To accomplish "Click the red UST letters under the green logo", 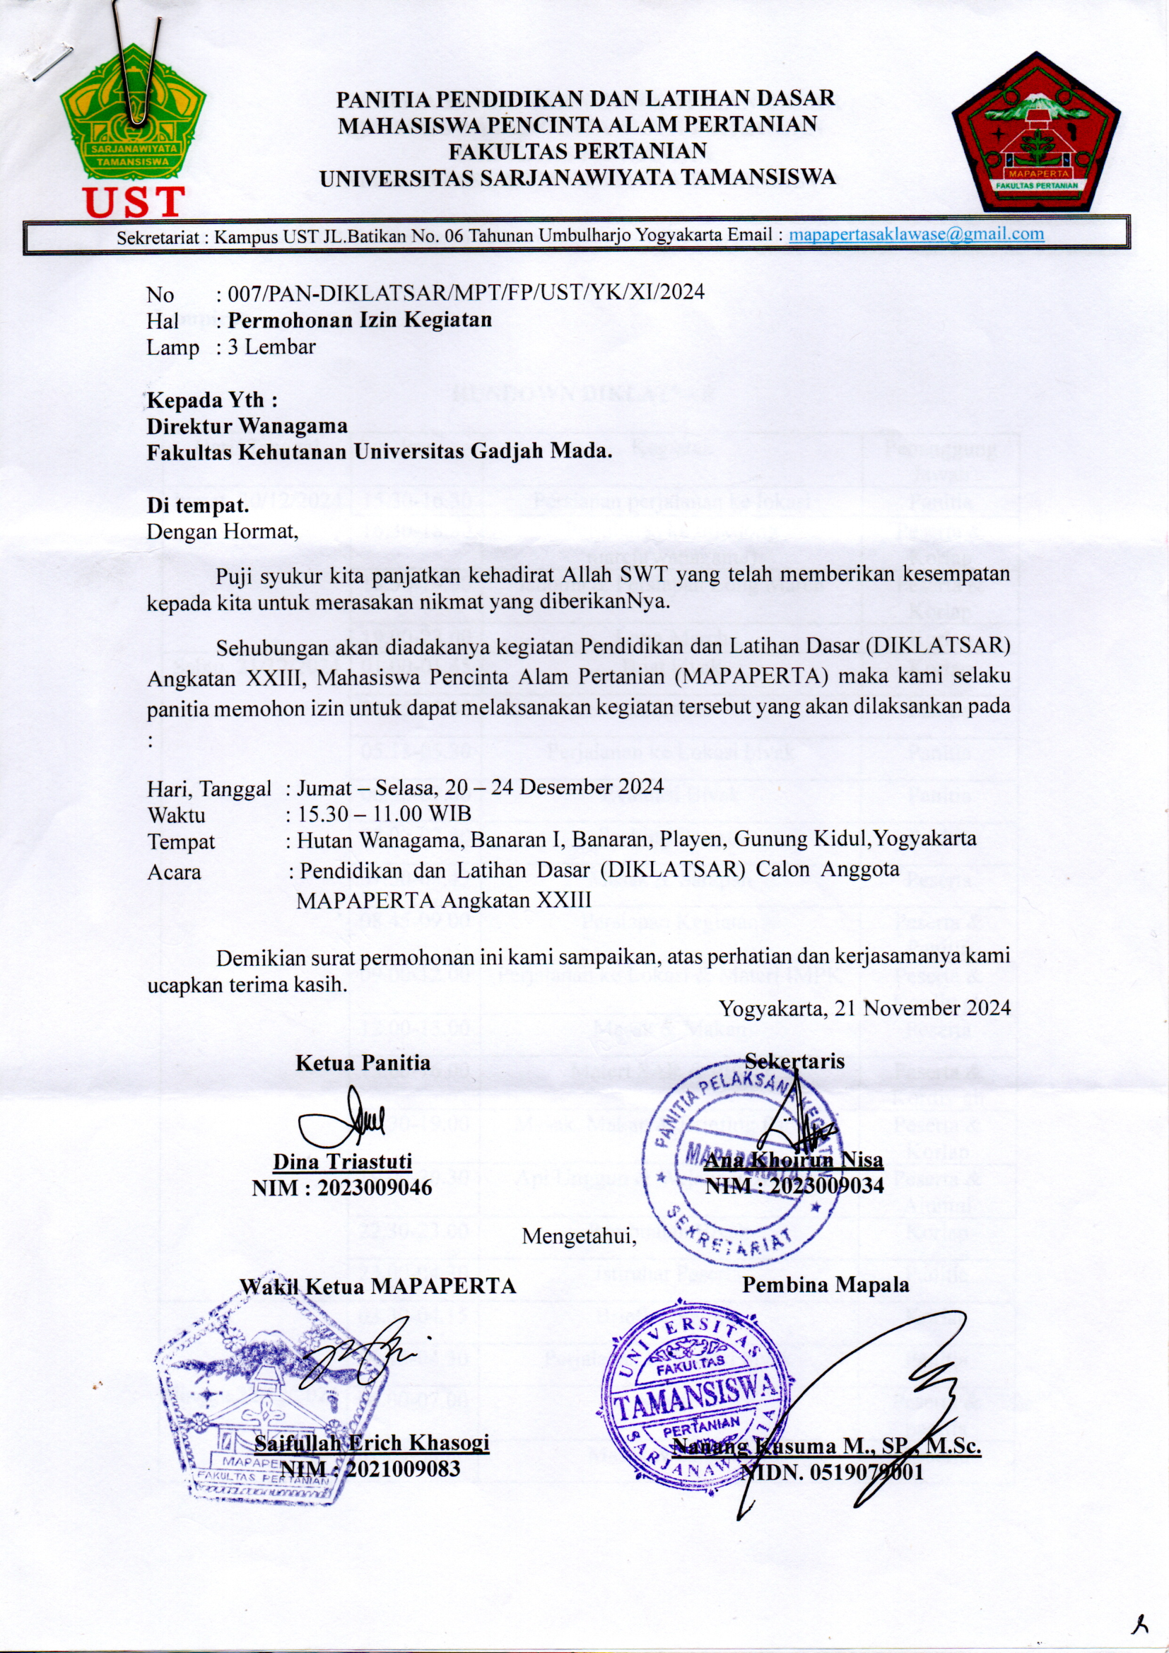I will tap(134, 202).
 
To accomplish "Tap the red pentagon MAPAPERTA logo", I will tap(1036, 132).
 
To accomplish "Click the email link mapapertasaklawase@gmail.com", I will tap(917, 234).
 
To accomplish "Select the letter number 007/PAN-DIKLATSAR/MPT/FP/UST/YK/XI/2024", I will tap(465, 292).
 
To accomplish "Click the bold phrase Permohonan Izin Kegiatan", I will tap(360, 320).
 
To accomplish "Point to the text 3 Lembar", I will tap(271, 347).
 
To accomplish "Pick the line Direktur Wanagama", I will tap(247, 426).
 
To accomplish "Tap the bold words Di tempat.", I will tap(198, 505).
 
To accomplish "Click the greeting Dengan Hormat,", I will tap(222, 532).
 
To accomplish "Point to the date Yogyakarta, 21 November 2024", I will tap(865, 1008).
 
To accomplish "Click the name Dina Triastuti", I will tap(342, 1162).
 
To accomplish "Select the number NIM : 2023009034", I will tap(794, 1186).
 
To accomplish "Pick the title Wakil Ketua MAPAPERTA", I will tap(378, 1285).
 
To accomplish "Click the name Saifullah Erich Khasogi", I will tap(372, 1443).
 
